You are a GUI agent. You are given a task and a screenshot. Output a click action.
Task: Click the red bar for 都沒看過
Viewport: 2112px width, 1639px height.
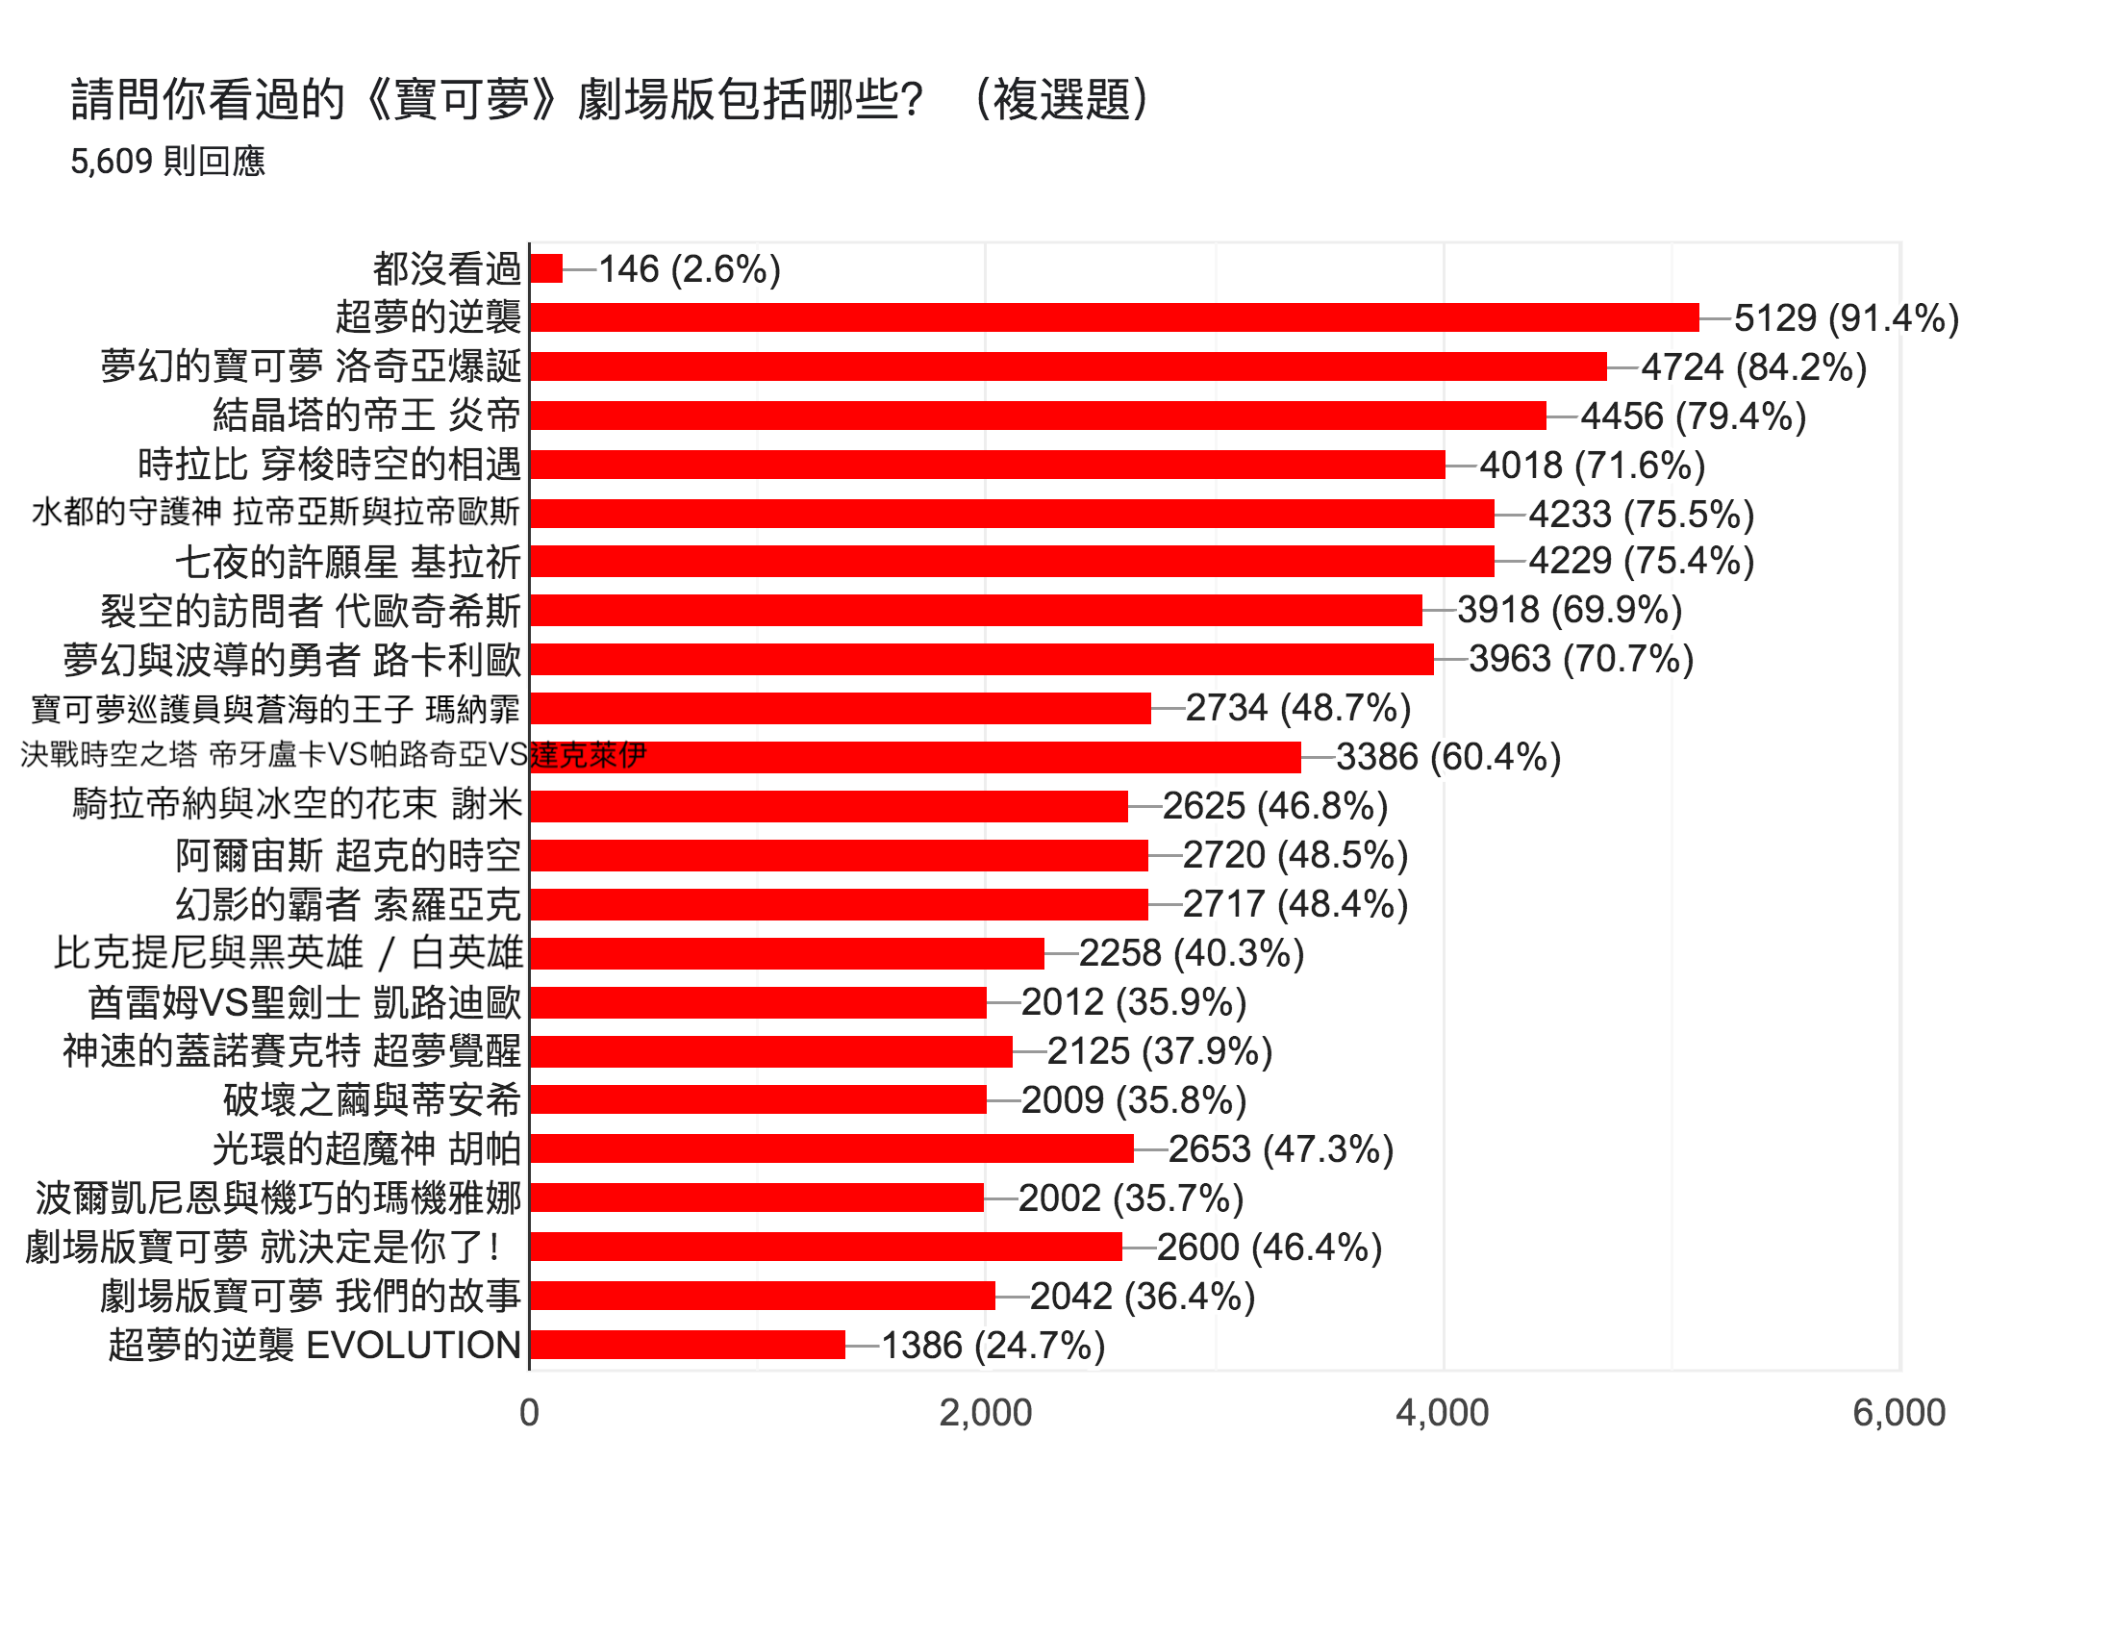pyautogui.click(x=546, y=268)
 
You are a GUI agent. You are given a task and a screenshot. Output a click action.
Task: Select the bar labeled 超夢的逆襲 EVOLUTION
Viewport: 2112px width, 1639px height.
pyautogui.click(x=688, y=1345)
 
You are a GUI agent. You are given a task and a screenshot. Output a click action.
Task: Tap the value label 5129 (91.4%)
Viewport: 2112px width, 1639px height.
pyautogui.click(x=1845, y=318)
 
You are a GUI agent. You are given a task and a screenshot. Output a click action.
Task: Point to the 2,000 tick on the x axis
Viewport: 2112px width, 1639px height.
pyautogui.click(x=986, y=1413)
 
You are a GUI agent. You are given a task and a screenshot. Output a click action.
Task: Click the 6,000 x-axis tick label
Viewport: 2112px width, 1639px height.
pyautogui.click(x=1898, y=1413)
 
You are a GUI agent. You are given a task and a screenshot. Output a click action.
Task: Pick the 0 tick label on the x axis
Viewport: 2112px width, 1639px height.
pyautogui.click(x=529, y=1413)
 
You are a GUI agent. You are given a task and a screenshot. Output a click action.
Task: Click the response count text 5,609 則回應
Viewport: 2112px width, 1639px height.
pyautogui.click(x=167, y=161)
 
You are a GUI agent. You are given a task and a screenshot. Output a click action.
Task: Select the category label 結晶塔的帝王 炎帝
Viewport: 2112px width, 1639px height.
pyautogui.click(x=366, y=416)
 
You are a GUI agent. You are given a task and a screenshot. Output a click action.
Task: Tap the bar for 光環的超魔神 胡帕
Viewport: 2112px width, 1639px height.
pyautogui.click(x=832, y=1148)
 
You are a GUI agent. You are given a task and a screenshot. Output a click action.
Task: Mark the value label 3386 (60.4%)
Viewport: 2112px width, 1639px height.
pyautogui.click(x=1447, y=757)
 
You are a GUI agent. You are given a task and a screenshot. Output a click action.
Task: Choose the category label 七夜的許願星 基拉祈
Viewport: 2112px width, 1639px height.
pyautogui.click(x=348, y=562)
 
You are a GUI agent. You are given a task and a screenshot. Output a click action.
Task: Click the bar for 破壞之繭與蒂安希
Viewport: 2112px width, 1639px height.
pyautogui.click(x=758, y=1099)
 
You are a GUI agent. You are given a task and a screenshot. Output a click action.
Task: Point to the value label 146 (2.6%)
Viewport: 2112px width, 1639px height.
pyautogui.click(x=689, y=268)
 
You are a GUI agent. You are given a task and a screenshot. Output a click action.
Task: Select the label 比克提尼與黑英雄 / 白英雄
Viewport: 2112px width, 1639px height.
pyautogui.click(x=289, y=953)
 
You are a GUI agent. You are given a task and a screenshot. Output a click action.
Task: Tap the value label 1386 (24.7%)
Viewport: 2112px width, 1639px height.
pyautogui.click(x=993, y=1345)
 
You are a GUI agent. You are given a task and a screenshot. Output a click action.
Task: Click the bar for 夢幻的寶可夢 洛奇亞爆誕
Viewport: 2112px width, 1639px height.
pyautogui.click(x=1069, y=366)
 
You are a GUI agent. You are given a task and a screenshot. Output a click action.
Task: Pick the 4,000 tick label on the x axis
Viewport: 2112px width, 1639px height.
pyautogui.click(x=1442, y=1413)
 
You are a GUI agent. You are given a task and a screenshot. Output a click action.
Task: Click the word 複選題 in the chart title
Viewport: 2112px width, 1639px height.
pyautogui.click(x=1061, y=99)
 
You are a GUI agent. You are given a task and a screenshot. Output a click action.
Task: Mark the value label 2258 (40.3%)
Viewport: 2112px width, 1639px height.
pyautogui.click(x=1191, y=953)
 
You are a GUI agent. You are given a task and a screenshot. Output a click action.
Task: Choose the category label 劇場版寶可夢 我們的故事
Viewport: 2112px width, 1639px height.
pyautogui.click(x=311, y=1296)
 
